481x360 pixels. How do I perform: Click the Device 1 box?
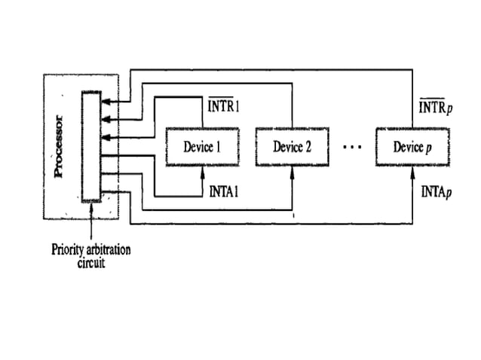[x=201, y=147]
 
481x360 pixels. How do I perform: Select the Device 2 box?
[x=292, y=147]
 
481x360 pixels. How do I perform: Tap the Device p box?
[x=412, y=147]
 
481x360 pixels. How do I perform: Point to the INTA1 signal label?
[x=224, y=193]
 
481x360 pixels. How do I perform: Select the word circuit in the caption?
[x=90, y=264]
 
